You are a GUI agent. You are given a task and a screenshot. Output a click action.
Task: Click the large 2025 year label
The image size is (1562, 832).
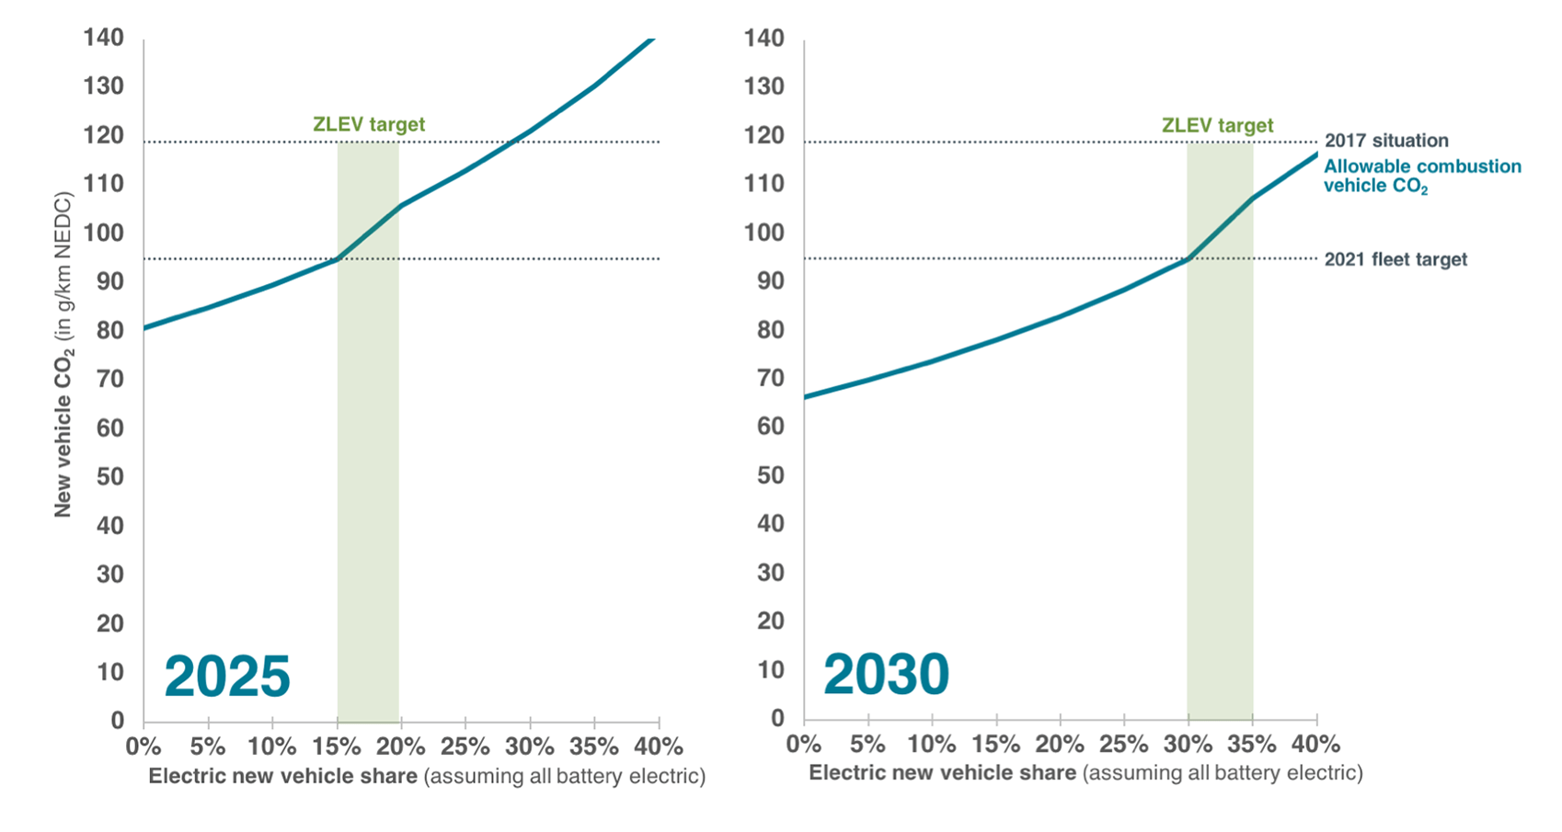[x=227, y=677]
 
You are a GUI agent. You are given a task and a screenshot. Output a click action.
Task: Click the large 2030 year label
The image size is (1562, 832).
[x=886, y=675]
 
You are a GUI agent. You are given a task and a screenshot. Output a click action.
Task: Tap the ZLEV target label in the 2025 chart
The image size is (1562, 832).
[x=369, y=124]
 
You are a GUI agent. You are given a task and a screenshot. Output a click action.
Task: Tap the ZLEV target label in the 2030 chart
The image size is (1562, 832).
[x=1217, y=125]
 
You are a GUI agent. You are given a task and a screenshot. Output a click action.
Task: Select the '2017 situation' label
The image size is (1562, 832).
[x=1385, y=141]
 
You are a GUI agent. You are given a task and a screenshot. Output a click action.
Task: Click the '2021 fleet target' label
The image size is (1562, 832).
[x=1395, y=259]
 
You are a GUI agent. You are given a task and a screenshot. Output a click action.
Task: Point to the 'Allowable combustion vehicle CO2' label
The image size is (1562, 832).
[x=1421, y=176]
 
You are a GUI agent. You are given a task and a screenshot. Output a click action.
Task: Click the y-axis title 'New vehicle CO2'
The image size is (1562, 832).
[x=63, y=354]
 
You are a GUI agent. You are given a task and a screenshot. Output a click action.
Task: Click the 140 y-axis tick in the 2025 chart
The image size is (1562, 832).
[x=103, y=38]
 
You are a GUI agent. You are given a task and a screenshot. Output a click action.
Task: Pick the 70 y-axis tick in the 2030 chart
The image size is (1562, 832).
[x=770, y=378]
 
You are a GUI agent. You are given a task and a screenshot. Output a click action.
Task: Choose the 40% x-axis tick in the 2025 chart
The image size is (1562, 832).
[x=659, y=746]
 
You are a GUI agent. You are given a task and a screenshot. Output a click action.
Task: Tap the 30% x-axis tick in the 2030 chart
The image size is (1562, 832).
[x=1188, y=743]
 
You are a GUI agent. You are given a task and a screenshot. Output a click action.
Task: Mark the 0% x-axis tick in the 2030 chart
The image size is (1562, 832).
[x=804, y=743]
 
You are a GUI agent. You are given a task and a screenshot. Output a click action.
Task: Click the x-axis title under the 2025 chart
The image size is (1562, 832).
[x=426, y=776]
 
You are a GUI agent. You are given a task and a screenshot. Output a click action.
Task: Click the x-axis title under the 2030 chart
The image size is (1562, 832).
[x=1085, y=773]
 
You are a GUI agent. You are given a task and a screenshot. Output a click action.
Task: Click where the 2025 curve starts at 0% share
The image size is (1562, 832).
[x=145, y=327]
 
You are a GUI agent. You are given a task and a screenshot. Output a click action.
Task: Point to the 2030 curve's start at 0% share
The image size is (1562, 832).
[x=806, y=397]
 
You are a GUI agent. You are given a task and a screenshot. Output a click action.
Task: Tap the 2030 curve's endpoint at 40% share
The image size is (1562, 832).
[x=1316, y=154]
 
